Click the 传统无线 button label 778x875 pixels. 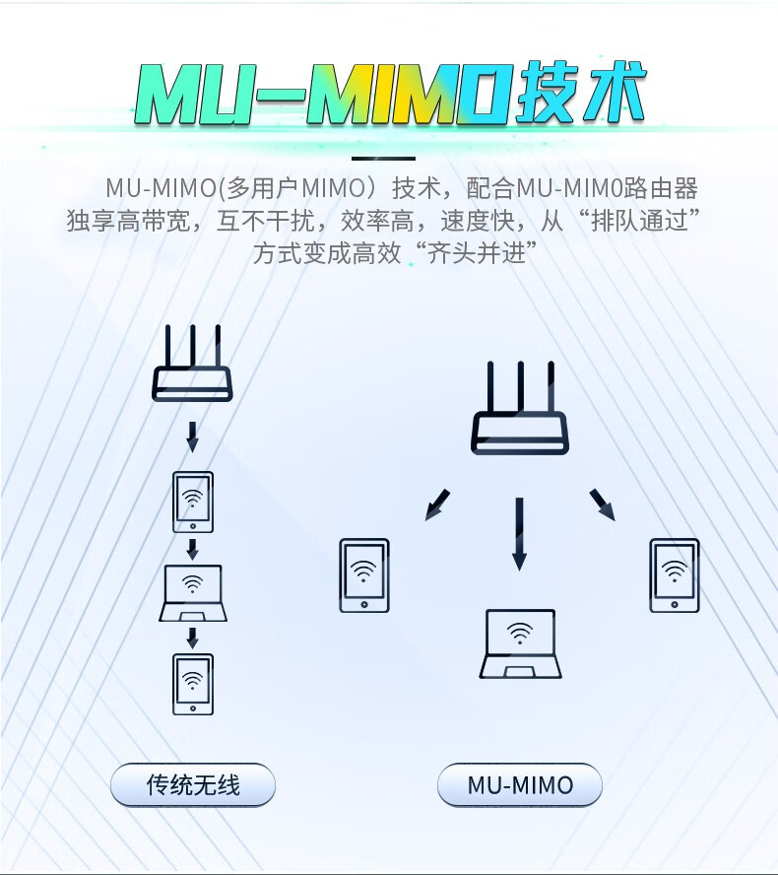pyautogui.click(x=193, y=785)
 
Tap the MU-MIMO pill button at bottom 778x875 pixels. pyautogui.click(x=520, y=785)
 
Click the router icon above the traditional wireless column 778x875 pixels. pyautogui.click(x=193, y=363)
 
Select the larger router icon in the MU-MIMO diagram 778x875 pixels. pyautogui.click(x=520, y=408)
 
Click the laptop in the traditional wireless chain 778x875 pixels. pyautogui.click(x=193, y=593)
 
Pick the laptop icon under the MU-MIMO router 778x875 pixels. pyautogui.click(x=520, y=643)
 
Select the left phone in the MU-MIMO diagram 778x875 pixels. pyautogui.click(x=364, y=575)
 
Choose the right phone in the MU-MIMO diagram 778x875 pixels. pyautogui.click(x=675, y=575)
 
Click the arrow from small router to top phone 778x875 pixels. pyautogui.click(x=193, y=434)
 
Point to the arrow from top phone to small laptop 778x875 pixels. pyautogui.click(x=193, y=548)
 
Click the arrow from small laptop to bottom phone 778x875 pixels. pyautogui.click(x=193, y=638)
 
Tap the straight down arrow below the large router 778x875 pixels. pyautogui.click(x=519, y=533)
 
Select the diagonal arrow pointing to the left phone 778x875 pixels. pyautogui.click(x=439, y=504)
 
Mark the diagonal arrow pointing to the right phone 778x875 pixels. pyautogui.click(x=602, y=504)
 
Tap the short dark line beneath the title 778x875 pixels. pyautogui.click(x=384, y=158)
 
